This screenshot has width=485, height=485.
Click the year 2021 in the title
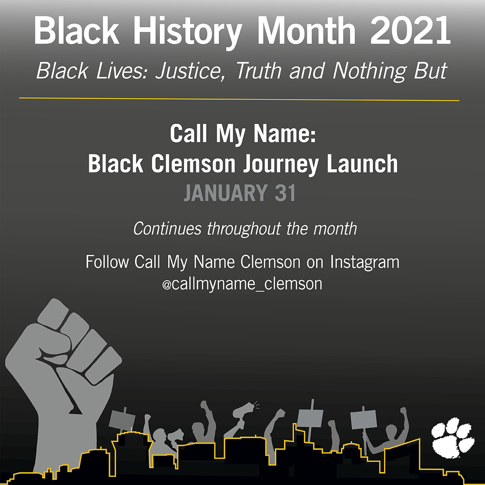[410, 30]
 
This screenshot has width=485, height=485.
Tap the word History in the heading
[188, 32]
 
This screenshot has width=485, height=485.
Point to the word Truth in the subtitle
[259, 71]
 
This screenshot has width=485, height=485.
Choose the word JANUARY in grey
[226, 193]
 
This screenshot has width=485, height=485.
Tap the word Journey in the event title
[281, 164]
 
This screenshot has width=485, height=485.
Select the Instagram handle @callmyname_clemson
[242, 284]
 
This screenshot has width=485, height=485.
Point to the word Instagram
[365, 263]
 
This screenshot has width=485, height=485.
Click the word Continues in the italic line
[168, 229]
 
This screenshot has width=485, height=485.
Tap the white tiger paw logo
[453, 438]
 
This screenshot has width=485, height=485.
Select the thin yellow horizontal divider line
[239, 99]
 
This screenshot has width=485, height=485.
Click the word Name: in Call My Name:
[285, 133]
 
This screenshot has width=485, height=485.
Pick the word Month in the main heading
[306, 30]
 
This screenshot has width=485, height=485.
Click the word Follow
[107, 262]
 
